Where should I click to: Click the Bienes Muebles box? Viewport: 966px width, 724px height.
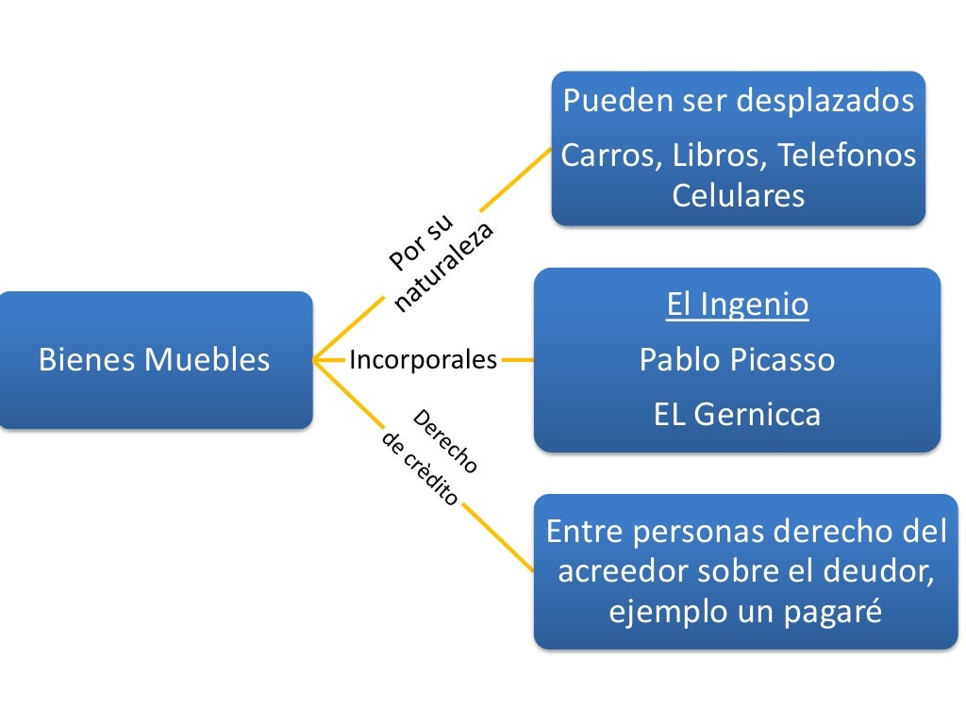(x=155, y=360)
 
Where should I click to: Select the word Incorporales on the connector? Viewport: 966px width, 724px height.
(x=423, y=359)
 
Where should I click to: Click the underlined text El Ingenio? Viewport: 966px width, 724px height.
(x=737, y=304)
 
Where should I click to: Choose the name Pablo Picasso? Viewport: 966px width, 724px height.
(x=737, y=359)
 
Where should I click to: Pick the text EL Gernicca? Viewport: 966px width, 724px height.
(x=737, y=414)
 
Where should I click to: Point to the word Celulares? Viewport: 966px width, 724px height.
(x=738, y=195)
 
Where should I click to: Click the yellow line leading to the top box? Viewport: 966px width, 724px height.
(x=516, y=179)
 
